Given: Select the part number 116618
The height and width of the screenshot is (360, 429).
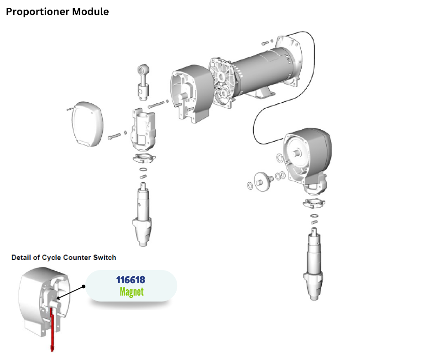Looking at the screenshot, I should click(x=131, y=279).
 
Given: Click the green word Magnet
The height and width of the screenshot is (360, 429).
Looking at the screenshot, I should click(x=131, y=291).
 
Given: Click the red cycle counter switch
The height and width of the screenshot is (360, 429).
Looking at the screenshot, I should click(x=52, y=329).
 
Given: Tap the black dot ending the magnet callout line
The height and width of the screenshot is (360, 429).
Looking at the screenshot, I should click(x=84, y=287).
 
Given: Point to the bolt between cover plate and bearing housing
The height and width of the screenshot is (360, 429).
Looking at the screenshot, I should click(x=114, y=136).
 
